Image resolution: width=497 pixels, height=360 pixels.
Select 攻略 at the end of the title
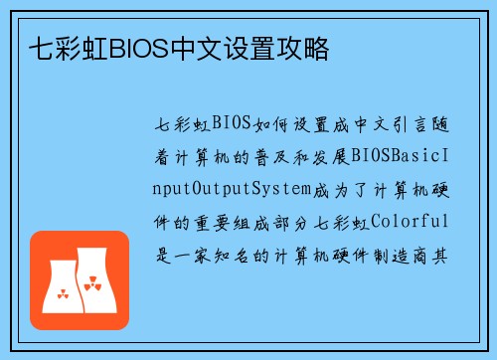coord(309,47)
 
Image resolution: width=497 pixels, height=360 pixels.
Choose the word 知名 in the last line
coord(245,254)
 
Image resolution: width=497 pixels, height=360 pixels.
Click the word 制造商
coord(410,254)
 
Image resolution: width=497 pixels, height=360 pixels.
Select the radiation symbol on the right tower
coord(93,286)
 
